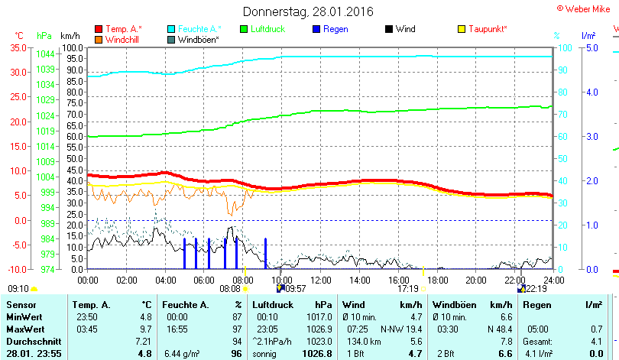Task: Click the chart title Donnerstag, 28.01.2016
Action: [309, 11]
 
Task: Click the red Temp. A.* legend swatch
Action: [99, 29]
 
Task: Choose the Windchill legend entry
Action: [122, 39]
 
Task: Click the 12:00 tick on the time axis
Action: [320, 280]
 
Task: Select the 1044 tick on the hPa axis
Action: [45, 54]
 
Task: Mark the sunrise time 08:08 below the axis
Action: [230, 289]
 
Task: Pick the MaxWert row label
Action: [24, 328]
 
